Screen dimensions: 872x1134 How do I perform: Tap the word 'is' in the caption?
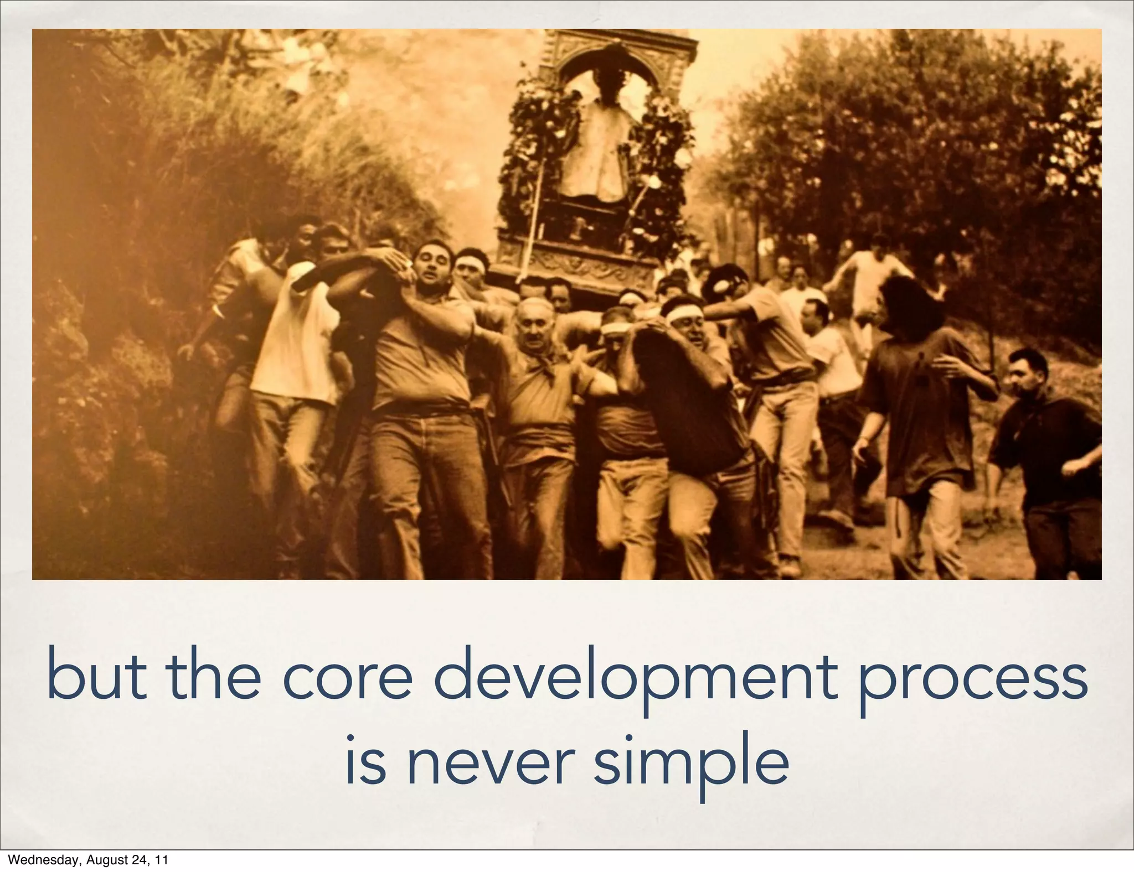click(365, 761)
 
